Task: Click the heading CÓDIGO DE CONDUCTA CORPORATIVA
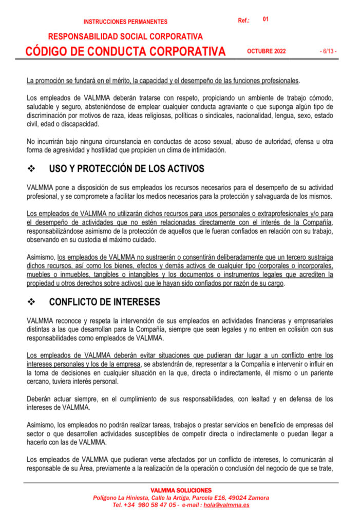pos(126,51)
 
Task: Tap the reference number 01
pos(266,19)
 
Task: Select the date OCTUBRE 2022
pos(266,51)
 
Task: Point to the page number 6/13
pos(327,51)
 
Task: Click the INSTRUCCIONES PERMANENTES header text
pos(125,22)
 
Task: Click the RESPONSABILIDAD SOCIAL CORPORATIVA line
pos(125,36)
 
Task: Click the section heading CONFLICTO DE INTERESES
pos(104,302)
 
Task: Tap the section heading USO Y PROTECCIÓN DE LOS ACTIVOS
pos(126,168)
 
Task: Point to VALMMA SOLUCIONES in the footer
pos(181,491)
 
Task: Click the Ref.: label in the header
pos(244,21)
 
